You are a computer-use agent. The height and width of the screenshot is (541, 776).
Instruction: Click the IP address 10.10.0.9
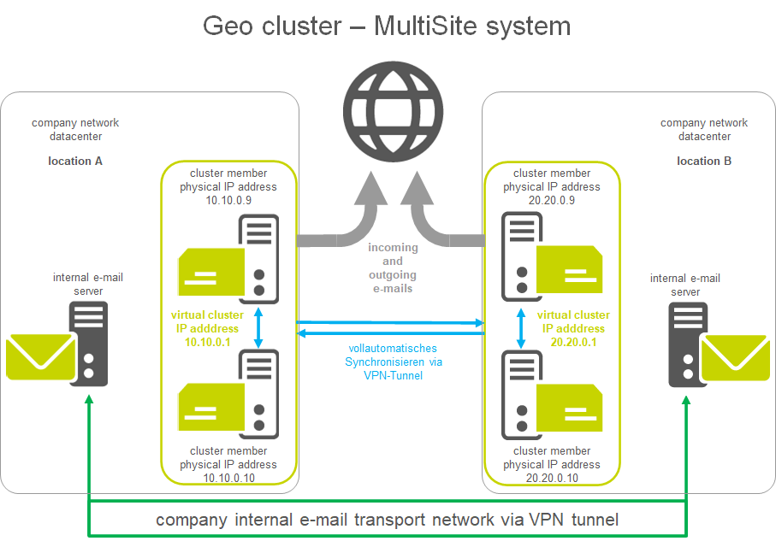[x=228, y=201]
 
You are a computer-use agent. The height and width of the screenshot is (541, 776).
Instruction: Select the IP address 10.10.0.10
[x=228, y=479]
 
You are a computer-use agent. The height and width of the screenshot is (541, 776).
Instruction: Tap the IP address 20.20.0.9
[x=552, y=201]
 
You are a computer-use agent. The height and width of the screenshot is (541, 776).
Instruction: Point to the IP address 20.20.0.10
[x=552, y=479]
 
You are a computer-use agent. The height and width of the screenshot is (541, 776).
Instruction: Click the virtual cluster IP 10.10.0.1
[x=205, y=342]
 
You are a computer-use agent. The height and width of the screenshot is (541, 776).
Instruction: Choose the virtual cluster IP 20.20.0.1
[x=573, y=342]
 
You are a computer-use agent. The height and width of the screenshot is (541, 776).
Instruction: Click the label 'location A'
[x=75, y=161]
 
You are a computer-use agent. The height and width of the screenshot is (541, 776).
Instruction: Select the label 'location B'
[x=704, y=161]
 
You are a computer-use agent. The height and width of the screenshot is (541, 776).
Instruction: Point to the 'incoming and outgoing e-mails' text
[x=393, y=268]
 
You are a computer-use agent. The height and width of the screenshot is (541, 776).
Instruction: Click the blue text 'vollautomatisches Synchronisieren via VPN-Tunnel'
[x=393, y=362]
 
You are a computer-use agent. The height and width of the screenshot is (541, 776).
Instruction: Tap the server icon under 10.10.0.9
[x=258, y=257]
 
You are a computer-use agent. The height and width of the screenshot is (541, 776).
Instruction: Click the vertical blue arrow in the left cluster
[x=258, y=326]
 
